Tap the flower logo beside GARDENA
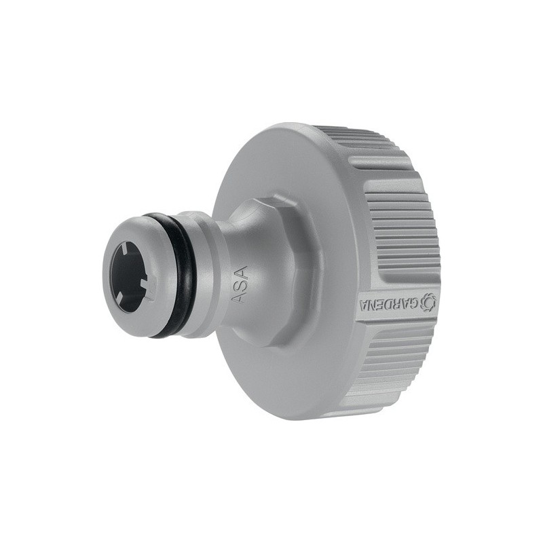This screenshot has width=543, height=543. [428, 301]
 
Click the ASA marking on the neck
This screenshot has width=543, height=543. [240, 285]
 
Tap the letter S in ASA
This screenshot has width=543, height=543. [240, 285]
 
